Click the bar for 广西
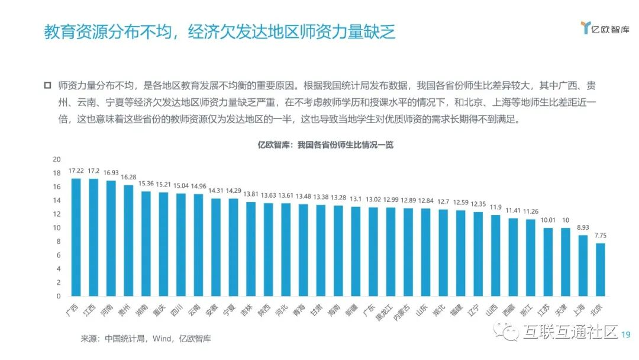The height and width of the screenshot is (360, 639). pos(76,237)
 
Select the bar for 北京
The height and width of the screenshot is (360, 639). pos(601,269)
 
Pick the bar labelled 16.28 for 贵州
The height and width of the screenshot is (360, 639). pos(128,240)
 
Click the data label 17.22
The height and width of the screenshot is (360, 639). pos(76,171)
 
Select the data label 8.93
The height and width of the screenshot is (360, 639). pos(583,227)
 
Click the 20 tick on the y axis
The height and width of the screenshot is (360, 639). pos(57,159)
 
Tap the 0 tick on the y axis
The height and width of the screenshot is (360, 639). pos(59,296)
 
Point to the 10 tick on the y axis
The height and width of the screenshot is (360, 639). pos(57,228)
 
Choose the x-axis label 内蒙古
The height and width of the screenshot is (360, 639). pos(402,311)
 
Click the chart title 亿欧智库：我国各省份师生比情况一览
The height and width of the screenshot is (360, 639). pos(325,145)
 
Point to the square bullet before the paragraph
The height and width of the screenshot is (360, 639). pos(48,85)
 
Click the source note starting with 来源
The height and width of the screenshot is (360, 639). pos(146,339)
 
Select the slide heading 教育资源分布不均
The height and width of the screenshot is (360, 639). pos(219,31)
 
